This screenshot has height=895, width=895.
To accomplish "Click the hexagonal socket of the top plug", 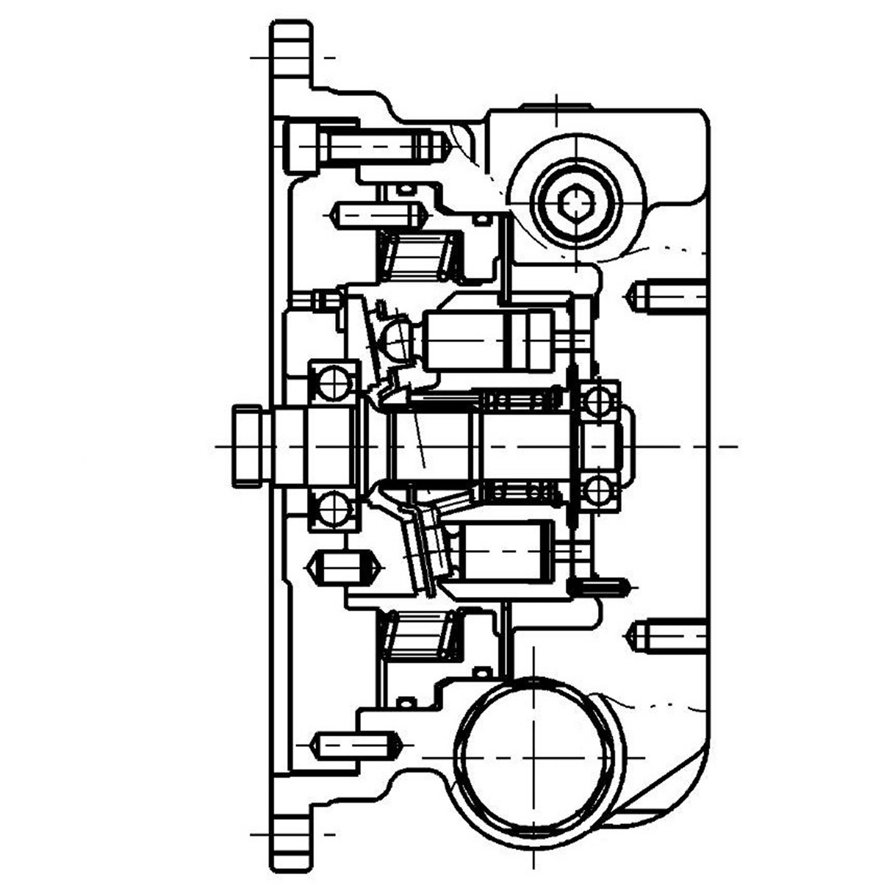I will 576,203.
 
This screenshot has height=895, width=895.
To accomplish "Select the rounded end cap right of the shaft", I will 628,446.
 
